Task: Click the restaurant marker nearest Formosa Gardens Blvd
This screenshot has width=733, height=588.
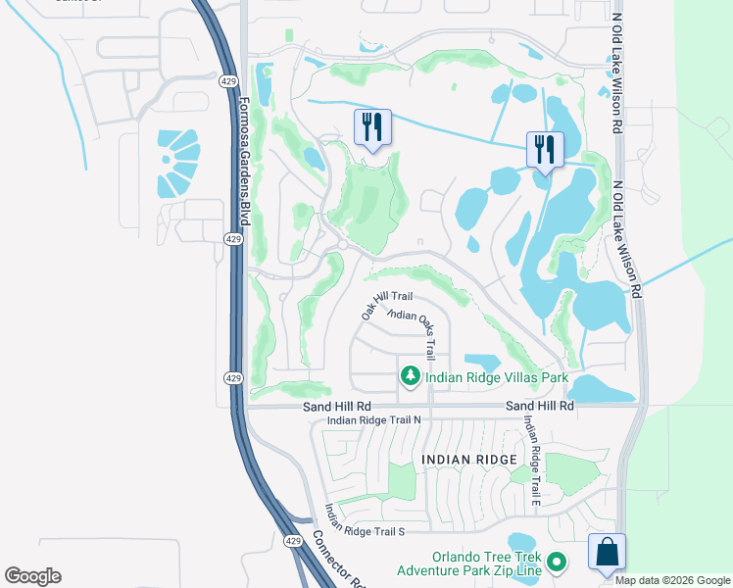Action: coord(372,127)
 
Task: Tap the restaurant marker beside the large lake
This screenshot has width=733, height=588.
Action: coord(545,150)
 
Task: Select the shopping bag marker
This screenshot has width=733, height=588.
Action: coord(607,552)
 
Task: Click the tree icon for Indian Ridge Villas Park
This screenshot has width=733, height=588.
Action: coord(410,375)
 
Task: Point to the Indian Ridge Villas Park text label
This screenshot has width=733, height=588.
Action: coord(496,376)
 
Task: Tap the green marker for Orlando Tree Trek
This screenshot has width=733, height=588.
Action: coord(557,562)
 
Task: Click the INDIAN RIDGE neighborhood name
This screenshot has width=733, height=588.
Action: coord(469,459)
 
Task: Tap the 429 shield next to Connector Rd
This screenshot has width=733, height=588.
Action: coord(293,540)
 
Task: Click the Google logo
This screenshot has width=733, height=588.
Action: coord(32,576)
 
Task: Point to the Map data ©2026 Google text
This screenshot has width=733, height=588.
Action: coord(673,580)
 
